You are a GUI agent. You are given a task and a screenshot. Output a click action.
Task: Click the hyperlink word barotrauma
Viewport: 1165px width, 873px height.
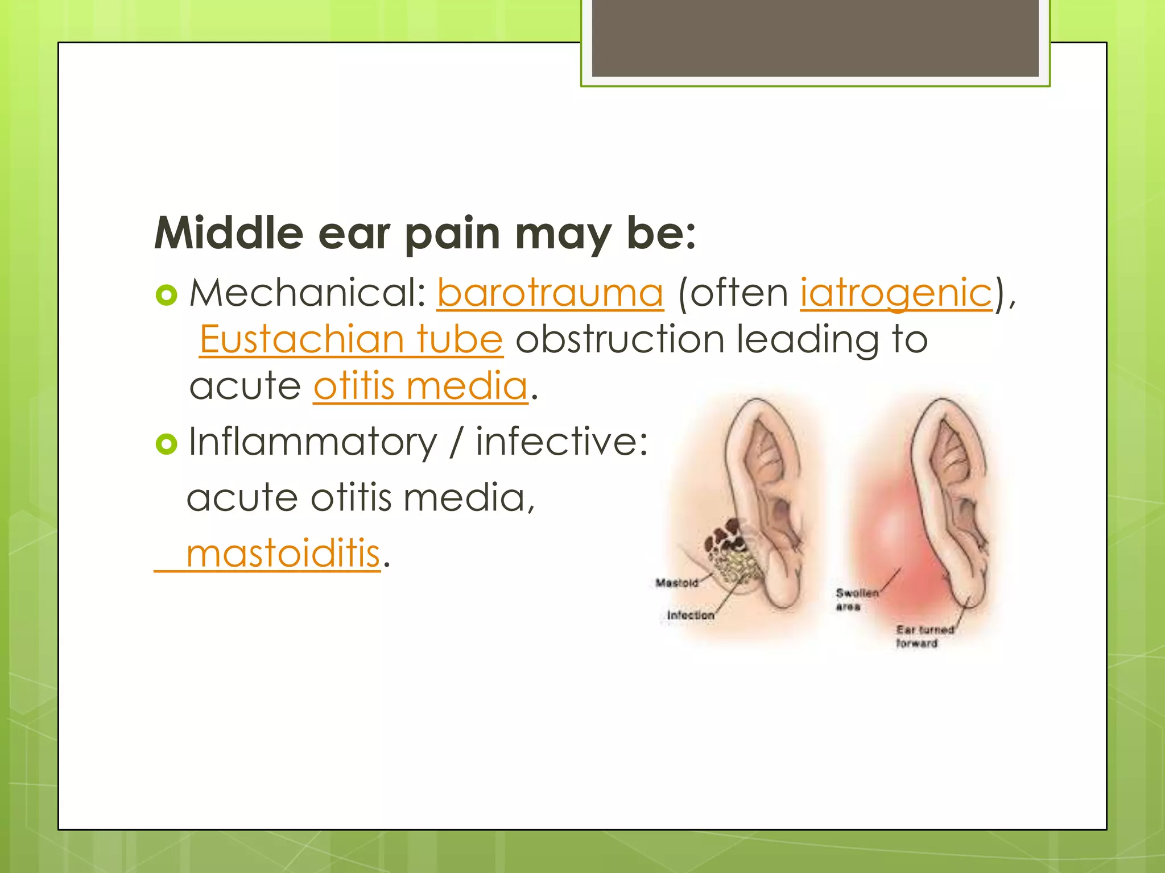coord(550,293)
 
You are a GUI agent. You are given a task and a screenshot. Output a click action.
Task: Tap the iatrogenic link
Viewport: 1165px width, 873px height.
coord(897,293)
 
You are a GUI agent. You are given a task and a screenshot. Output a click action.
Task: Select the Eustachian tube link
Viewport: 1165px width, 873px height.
coord(351,339)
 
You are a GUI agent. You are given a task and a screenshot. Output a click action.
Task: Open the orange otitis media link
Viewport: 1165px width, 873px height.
coord(420,386)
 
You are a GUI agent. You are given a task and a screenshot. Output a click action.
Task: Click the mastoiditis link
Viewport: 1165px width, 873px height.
coord(283,553)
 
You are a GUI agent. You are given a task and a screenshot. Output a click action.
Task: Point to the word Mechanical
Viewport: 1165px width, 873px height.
coord(307,293)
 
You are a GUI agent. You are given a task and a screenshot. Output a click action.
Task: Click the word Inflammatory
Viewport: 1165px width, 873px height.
coord(312,442)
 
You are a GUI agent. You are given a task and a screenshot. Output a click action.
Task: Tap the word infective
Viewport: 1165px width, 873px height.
coord(561,442)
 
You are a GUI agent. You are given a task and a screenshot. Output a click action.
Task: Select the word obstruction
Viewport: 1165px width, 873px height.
coord(619,339)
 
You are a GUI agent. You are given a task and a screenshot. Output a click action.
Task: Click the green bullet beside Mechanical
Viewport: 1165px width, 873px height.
coord(166,295)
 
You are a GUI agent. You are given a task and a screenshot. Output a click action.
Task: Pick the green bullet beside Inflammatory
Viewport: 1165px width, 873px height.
coord(166,444)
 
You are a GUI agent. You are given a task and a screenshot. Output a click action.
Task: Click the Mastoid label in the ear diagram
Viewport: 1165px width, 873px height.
coord(676,583)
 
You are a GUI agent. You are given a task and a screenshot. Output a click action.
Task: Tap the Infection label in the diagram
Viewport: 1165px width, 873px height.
coord(690,616)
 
